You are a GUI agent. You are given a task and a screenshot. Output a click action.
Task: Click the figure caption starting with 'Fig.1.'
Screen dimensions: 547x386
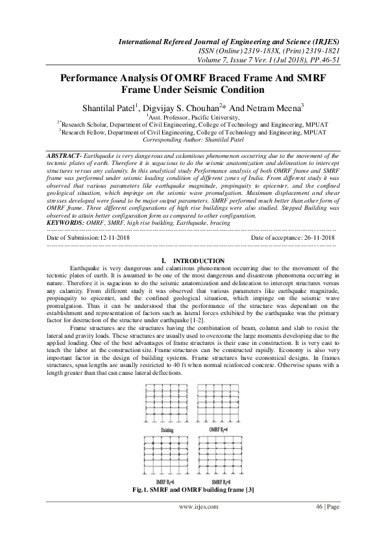point(193,487)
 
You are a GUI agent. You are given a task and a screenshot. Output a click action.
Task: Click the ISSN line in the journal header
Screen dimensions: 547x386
point(267,51)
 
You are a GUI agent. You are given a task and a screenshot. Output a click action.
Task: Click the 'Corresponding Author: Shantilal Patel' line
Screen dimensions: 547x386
point(193,139)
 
